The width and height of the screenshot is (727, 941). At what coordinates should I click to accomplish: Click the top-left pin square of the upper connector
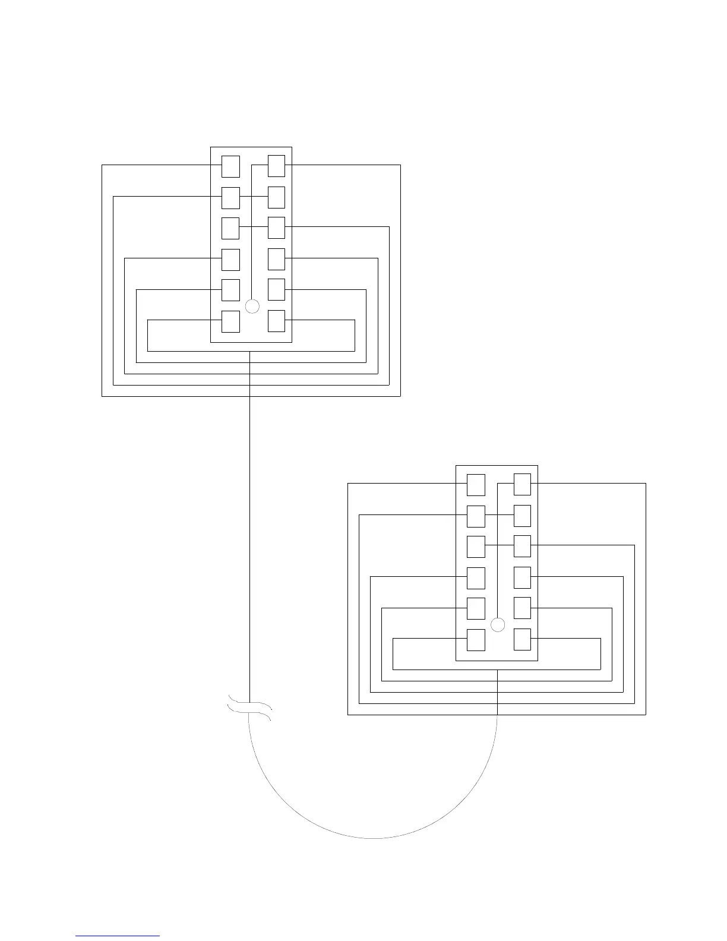[230, 166]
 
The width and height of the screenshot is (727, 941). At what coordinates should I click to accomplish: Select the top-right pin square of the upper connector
[277, 166]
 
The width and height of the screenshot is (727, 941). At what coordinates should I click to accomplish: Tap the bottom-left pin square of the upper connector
[230, 321]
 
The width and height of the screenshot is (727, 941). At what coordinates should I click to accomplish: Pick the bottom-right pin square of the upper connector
[277, 321]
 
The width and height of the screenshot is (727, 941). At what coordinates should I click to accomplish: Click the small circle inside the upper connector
[252, 307]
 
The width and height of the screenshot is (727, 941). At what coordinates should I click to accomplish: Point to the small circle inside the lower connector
[498, 625]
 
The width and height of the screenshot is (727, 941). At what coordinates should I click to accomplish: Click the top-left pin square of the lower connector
[476, 485]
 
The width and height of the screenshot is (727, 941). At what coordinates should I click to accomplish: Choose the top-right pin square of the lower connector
[522, 485]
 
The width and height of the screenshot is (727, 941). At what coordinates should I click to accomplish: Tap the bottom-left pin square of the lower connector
[476, 640]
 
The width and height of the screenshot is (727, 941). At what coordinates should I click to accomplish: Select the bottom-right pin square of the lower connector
[522, 640]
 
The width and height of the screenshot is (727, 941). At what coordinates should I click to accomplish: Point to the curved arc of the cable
[373, 838]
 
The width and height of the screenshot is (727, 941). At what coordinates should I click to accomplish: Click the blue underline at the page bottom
[118, 936]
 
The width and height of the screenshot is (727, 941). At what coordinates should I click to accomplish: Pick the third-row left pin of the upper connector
[230, 229]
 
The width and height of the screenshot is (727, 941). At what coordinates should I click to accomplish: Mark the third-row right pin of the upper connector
[277, 229]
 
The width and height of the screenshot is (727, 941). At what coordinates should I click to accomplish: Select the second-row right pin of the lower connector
[522, 516]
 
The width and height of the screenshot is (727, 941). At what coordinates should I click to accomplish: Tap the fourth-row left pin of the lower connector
[476, 578]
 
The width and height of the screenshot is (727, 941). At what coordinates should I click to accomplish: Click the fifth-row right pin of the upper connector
[277, 290]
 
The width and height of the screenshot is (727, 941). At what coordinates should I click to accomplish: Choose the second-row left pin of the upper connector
[230, 198]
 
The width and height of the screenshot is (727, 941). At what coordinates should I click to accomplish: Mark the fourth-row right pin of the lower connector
[522, 578]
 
